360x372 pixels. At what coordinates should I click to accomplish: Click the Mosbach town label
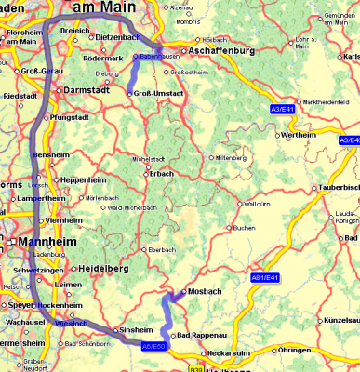pyautogui.click(x=203, y=291)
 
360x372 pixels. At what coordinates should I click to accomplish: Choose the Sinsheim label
pyautogui.click(x=131, y=330)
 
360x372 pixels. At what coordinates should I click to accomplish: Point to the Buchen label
pyautogui.click(x=244, y=228)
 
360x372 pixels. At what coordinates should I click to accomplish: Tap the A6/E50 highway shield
pyautogui.click(x=153, y=346)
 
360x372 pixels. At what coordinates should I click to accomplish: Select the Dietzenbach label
pyautogui.click(x=118, y=37)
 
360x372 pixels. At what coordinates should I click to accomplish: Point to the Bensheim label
pyautogui.click(x=50, y=155)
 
